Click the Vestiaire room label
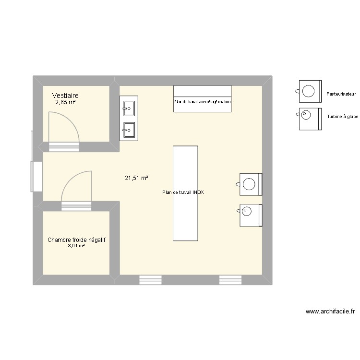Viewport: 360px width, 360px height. point(66,96)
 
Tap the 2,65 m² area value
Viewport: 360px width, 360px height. point(65,102)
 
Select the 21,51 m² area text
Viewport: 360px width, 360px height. point(136,178)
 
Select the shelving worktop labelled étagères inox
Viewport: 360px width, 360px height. point(202,99)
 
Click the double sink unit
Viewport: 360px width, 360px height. point(129,118)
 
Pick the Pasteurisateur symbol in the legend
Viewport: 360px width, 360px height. point(310,91)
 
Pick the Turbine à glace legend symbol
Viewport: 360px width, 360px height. point(310,119)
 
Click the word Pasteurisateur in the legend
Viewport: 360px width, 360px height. point(342,94)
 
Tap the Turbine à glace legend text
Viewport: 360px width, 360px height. point(342,117)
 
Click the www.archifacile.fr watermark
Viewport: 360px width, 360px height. point(330,311)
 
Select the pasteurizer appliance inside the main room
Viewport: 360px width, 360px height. point(250,184)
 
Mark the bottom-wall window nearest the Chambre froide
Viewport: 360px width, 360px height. point(150,280)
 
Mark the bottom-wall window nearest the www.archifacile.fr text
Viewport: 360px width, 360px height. point(231,280)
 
